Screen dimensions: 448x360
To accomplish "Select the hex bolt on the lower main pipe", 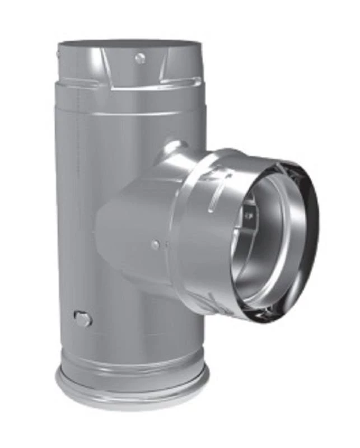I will pos(82,319).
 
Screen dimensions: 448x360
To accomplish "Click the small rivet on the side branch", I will pos(155,245).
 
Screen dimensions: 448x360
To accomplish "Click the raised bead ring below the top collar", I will pos(129,112).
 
